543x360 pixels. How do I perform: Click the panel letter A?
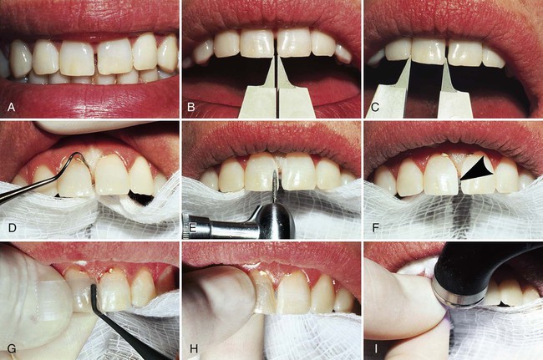point(12,107)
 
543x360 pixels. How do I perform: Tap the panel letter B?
point(190,107)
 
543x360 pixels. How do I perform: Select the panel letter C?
point(375,107)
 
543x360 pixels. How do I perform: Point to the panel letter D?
point(13,228)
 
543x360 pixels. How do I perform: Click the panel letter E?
point(193,228)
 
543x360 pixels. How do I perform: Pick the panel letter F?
point(375,228)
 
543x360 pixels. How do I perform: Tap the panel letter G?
point(12,348)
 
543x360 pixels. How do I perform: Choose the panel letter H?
point(194,348)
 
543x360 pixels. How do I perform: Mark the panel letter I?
point(376,348)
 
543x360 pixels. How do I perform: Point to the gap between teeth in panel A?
point(96,62)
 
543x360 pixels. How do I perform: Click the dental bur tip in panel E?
point(276,172)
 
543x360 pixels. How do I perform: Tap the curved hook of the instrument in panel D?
point(80,160)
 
